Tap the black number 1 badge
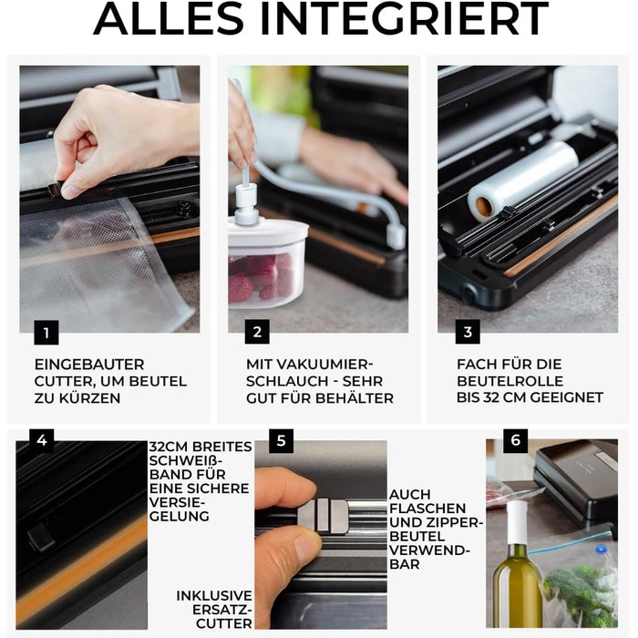pos(46,333)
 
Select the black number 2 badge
pos(257,332)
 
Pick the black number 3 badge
pos(468,332)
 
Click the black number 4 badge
pos(42,440)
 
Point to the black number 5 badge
pos(281,440)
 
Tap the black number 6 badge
pos(516,440)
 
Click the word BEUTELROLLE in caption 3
pos(509,381)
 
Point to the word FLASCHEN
pos(427,509)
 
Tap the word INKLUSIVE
pos(214,596)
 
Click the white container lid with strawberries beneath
pos(267,231)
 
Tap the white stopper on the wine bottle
pos(517,522)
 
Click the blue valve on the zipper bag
pos(601,550)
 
